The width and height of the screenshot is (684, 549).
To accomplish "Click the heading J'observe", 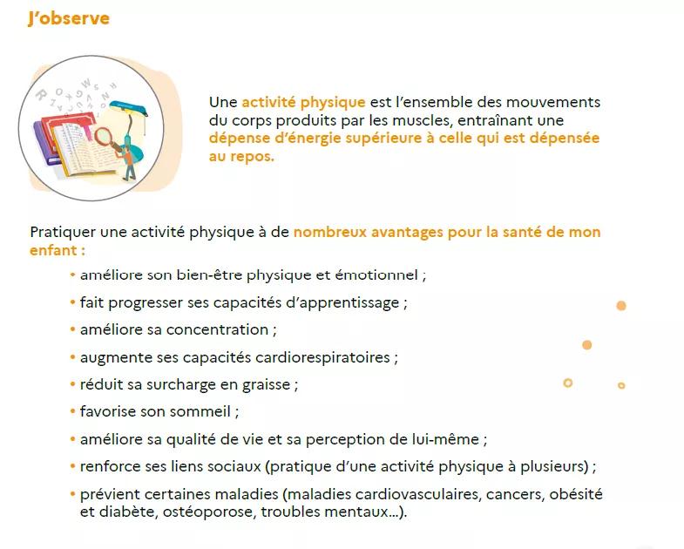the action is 69,18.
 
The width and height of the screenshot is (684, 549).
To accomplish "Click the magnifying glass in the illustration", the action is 105,138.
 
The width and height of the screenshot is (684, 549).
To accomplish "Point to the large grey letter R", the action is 42,95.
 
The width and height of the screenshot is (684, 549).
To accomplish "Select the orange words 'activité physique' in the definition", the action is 303,102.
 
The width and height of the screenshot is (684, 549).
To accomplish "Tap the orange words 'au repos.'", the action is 241,156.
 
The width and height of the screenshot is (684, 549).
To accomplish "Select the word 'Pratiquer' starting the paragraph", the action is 63,232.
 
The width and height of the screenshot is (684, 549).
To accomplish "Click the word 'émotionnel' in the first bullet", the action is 376,275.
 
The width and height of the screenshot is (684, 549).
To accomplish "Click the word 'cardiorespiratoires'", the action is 322,358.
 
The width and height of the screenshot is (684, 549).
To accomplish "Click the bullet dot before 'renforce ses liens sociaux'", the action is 72,466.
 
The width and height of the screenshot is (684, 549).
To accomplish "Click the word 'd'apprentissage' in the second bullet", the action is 342,303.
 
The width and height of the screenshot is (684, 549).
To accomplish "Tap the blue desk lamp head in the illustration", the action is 129,107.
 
